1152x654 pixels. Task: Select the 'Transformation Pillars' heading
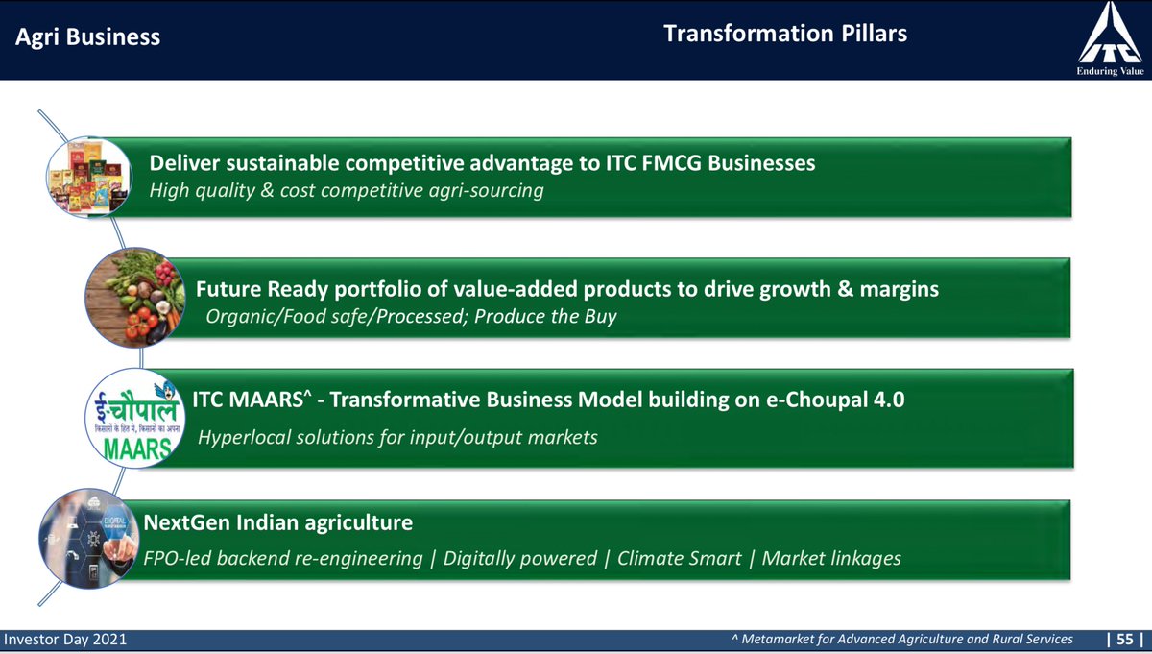coord(785,35)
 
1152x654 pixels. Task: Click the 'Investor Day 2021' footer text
coord(65,639)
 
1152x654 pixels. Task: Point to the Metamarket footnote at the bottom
coord(901,639)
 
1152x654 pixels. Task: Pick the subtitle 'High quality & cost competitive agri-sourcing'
coord(347,191)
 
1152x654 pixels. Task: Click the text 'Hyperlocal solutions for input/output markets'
coord(397,437)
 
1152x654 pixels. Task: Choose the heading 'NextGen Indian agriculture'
coord(278,523)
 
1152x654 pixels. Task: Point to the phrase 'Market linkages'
coord(830,558)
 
